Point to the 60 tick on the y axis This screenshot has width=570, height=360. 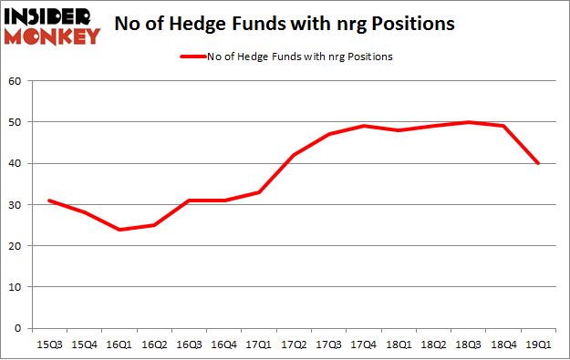(x=16, y=81)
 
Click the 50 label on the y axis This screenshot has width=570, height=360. (x=16, y=122)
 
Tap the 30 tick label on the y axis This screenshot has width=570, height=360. (x=16, y=205)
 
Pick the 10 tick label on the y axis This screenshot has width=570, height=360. (x=16, y=287)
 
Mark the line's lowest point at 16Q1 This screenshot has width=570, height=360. (x=119, y=229)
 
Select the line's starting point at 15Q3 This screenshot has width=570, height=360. (x=48, y=201)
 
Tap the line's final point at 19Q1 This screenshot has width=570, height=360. (x=539, y=163)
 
